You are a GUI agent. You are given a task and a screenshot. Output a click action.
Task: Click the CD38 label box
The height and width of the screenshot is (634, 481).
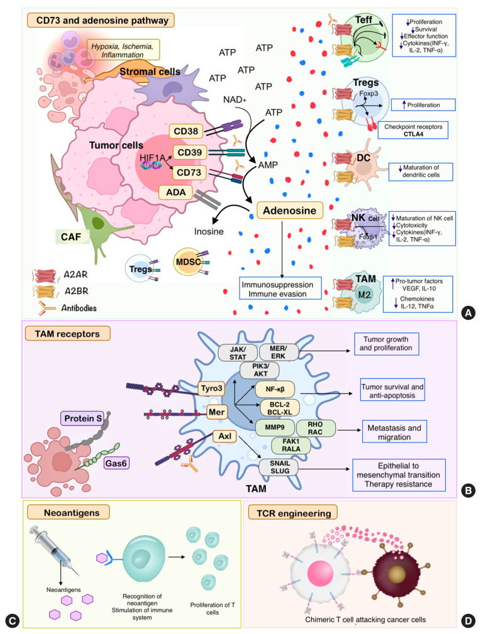(x=185, y=131)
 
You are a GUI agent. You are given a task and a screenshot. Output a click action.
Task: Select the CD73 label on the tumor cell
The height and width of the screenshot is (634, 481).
(x=189, y=173)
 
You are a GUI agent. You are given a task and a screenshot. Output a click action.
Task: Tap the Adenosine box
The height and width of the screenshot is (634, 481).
(x=290, y=210)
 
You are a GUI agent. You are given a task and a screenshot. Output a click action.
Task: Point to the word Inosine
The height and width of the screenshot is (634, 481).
(x=209, y=231)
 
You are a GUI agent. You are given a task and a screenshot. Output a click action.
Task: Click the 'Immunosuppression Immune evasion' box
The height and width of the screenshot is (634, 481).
(x=280, y=288)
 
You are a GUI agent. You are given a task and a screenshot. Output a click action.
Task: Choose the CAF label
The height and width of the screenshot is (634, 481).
(x=71, y=236)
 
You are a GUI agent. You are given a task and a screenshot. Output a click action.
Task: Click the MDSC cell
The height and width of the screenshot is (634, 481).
(x=187, y=262)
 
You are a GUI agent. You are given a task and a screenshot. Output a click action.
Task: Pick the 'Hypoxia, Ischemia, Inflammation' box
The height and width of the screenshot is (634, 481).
(x=123, y=50)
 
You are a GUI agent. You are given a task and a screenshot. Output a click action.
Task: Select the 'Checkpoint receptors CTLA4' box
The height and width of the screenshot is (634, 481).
(x=413, y=130)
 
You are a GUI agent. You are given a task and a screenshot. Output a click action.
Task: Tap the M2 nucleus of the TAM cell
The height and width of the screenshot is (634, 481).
(x=364, y=295)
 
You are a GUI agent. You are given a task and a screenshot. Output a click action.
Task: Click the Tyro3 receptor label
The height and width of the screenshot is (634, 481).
(x=211, y=388)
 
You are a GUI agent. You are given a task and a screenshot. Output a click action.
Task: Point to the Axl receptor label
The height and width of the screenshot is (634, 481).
(x=225, y=436)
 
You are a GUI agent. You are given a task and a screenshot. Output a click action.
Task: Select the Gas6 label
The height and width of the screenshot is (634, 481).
(x=116, y=463)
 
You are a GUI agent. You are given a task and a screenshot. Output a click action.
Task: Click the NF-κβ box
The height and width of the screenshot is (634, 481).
(x=275, y=390)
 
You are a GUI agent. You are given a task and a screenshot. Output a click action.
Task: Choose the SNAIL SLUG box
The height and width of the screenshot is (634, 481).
(x=280, y=467)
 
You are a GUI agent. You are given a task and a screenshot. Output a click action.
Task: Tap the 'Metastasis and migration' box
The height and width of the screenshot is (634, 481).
(x=394, y=432)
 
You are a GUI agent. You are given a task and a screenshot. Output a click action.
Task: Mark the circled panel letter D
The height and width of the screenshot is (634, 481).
(x=468, y=621)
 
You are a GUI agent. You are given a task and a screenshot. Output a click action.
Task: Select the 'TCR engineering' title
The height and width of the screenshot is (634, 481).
(x=293, y=513)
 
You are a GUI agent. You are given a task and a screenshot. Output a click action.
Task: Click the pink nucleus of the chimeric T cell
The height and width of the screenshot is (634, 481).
(x=321, y=573)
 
